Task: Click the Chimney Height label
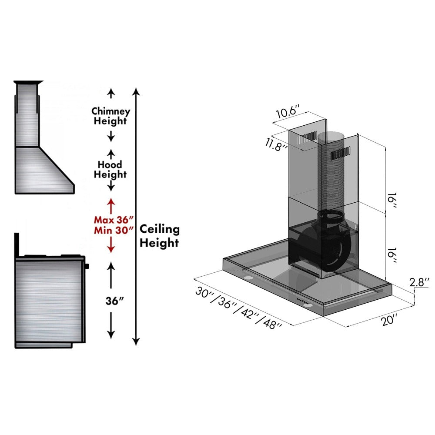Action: [110, 116]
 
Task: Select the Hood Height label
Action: [110, 170]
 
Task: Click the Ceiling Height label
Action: [159, 236]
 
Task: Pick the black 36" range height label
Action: [111, 301]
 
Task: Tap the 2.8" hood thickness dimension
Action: [420, 282]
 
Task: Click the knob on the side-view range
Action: [87, 266]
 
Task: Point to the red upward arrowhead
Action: [111, 202]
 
